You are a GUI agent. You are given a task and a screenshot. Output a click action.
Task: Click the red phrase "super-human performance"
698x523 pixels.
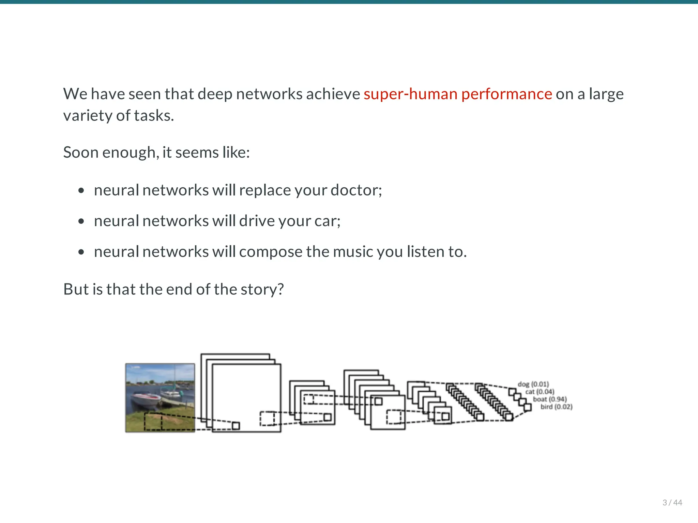pos(457,94)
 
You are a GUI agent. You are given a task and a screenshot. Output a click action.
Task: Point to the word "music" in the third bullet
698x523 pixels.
pos(353,252)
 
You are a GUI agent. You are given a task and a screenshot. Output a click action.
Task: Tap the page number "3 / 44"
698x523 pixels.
pos(672,503)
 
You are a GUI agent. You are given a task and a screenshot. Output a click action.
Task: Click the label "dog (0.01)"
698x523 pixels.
pos(533,384)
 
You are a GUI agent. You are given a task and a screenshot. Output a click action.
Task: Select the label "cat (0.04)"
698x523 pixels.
pos(540,392)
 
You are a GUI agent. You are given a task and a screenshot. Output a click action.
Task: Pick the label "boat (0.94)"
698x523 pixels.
pos(549,399)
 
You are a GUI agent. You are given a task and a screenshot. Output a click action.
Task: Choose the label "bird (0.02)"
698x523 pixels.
pos(556,407)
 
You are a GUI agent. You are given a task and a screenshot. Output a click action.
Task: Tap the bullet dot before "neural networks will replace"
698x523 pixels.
pos(81,190)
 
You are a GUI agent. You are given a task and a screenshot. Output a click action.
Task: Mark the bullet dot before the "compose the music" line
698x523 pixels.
pos(81,252)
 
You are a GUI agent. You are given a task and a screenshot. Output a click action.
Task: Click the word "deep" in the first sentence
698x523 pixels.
pos(215,94)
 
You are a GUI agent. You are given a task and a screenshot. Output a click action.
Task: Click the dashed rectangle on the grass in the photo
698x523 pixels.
pos(153,421)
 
